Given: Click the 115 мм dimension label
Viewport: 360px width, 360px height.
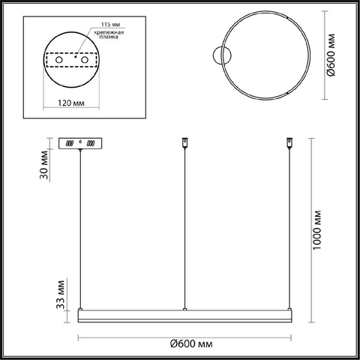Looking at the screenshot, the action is pyautogui.click(x=110, y=24).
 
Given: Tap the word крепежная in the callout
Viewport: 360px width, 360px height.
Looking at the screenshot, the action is pyautogui.click(x=109, y=32).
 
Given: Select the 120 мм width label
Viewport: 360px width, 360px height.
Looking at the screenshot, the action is pyautogui.click(x=71, y=103).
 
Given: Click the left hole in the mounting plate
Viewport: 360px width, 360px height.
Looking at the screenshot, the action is pyautogui.click(x=59, y=60).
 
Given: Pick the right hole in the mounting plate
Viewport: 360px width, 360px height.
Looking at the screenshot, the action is pyautogui.click(x=84, y=60).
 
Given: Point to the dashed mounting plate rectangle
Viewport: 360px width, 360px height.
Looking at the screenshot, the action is pyautogui.click(x=72, y=60).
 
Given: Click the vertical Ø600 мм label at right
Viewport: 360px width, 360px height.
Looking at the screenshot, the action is pyautogui.click(x=331, y=55).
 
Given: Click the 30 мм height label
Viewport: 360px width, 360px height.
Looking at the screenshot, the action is pyautogui.click(x=44, y=165).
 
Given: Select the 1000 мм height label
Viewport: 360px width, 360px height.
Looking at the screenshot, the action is pyautogui.click(x=317, y=230).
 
